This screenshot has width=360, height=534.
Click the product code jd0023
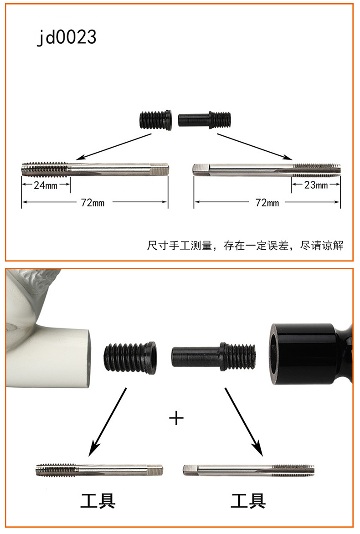(67, 37)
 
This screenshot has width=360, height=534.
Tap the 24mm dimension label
(46, 185)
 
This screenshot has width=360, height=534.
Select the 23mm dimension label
(316, 185)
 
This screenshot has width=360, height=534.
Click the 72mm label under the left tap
(93, 203)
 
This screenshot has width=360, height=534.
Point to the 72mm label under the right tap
(267, 203)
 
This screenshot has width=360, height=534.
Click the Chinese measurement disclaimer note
(245, 245)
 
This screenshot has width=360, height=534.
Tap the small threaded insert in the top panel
(155, 119)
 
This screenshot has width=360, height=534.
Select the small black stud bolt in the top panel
(204, 119)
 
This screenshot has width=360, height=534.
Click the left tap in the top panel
(95, 169)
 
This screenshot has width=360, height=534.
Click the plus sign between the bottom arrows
(176, 417)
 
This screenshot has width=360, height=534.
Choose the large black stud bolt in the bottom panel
(213, 357)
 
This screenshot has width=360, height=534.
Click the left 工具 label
(98, 501)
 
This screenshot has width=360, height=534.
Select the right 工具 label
(248, 501)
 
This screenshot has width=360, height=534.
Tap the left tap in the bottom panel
(99, 470)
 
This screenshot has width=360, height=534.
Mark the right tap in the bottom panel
(249, 470)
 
